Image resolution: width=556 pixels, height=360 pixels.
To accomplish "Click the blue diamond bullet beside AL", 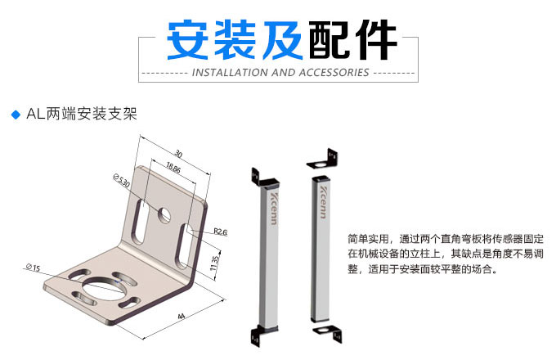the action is point(16,115).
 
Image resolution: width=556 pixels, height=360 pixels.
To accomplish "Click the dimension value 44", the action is point(182,316).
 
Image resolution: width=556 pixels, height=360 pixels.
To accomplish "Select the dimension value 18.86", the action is point(173,168).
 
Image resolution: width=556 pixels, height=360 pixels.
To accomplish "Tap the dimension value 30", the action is point(178,154).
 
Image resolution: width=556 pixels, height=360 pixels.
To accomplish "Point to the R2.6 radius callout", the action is point(220,232).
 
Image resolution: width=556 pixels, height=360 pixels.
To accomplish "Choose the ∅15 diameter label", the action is point(33,268).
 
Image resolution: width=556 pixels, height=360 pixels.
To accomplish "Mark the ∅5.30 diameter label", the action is point(122,181).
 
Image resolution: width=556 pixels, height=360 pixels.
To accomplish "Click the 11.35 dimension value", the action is point(215,263).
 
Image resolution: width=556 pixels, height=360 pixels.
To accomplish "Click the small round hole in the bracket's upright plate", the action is point(164,214).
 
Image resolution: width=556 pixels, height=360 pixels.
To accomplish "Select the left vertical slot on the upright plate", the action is point(139,222).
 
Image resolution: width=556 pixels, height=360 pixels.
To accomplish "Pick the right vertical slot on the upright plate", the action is point(184,245).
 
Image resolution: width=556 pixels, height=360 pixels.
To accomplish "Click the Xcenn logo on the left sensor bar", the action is point(273,209).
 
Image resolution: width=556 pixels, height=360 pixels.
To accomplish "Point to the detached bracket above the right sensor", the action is point(322,159).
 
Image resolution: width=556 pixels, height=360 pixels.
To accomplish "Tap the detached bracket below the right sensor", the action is point(328,333).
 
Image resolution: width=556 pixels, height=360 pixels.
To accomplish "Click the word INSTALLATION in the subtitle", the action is point(230,73).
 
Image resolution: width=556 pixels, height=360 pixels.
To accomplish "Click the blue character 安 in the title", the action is point(187,40).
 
